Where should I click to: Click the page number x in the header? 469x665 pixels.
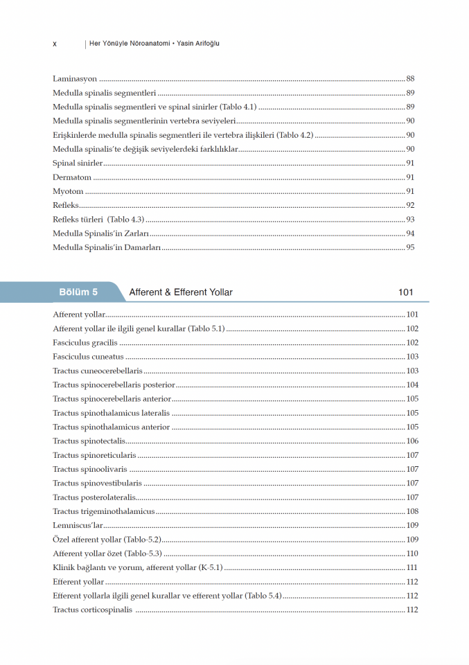[x=55, y=44]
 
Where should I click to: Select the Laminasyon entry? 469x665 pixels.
[x=75, y=79]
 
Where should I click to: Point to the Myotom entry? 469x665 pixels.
[x=68, y=191]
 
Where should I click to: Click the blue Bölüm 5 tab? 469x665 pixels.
[x=78, y=292]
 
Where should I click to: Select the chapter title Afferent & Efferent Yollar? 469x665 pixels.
[x=181, y=292]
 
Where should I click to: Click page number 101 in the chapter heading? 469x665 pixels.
[x=406, y=292]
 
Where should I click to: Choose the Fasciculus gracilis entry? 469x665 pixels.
[x=85, y=343]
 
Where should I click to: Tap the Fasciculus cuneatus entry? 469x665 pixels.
[x=88, y=357]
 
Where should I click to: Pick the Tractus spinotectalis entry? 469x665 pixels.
[x=89, y=441]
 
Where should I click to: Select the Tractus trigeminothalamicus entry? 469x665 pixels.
[x=103, y=511]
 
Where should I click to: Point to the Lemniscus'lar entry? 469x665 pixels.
[x=78, y=526]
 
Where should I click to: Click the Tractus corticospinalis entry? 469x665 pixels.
[x=93, y=610]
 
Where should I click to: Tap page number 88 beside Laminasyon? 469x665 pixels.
[x=410, y=79]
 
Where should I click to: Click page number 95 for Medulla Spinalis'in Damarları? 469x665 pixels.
[x=410, y=247]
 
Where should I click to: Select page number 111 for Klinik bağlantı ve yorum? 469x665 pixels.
[x=412, y=567]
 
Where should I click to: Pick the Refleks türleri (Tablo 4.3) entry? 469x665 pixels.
[x=98, y=220]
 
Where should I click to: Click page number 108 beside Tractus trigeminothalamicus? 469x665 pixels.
[x=412, y=511]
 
